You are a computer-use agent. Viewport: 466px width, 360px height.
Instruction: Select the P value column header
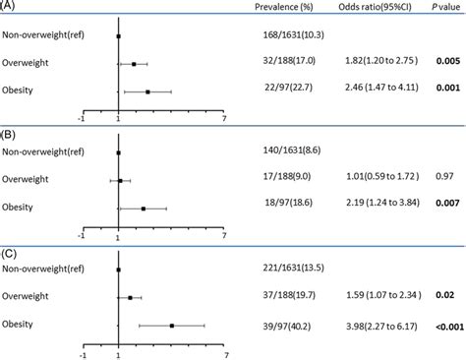(433, 9)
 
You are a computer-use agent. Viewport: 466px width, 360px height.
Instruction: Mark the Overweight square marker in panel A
(134, 64)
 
